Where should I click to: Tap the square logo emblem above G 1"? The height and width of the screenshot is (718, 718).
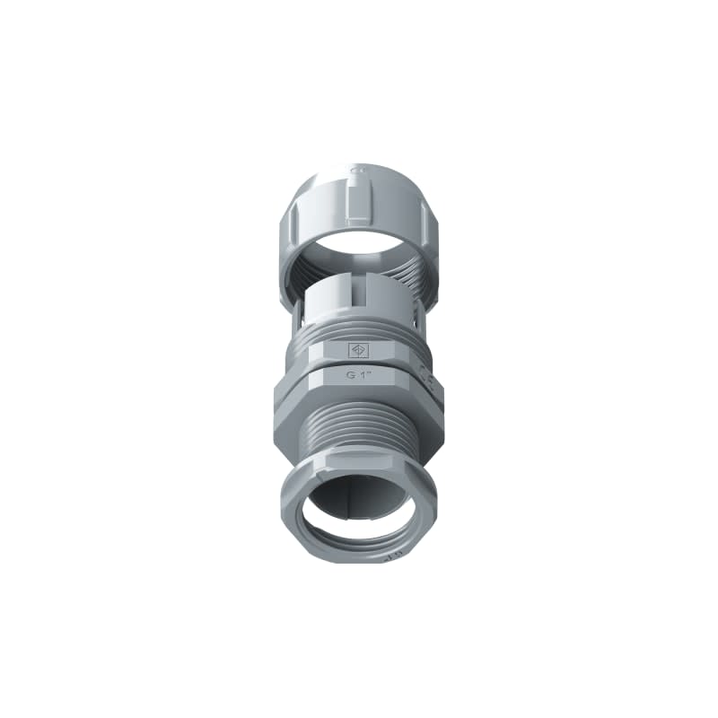point(358,350)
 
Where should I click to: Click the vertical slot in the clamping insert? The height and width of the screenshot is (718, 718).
point(367,296)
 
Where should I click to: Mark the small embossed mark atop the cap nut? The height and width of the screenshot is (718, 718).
point(357,168)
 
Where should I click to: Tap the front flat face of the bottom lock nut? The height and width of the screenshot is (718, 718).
point(358,470)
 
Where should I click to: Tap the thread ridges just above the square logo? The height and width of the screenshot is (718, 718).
point(358,330)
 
